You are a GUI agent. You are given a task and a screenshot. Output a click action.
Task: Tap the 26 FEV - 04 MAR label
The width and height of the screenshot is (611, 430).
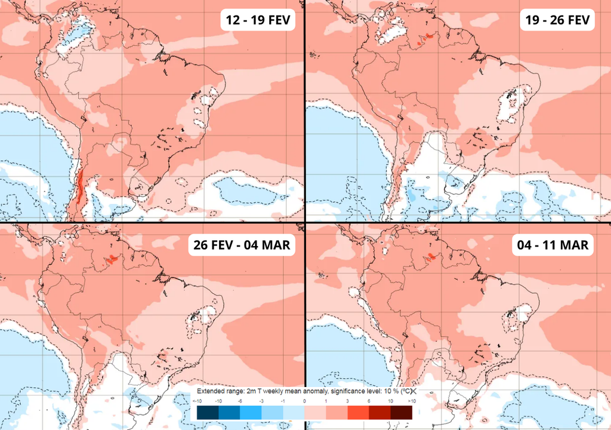point(242,245)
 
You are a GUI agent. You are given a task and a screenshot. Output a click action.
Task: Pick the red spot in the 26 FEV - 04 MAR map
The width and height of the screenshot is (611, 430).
point(112,259)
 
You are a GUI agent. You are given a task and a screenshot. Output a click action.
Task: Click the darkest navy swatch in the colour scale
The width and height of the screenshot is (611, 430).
point(208,412)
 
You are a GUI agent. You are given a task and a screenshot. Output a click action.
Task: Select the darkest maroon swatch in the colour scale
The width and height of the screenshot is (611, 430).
point(401,412)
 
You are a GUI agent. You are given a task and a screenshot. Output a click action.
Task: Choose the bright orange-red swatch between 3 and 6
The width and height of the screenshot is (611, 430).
point(358,412)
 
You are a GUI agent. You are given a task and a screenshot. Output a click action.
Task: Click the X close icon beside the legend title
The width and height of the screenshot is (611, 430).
point(411,391)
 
